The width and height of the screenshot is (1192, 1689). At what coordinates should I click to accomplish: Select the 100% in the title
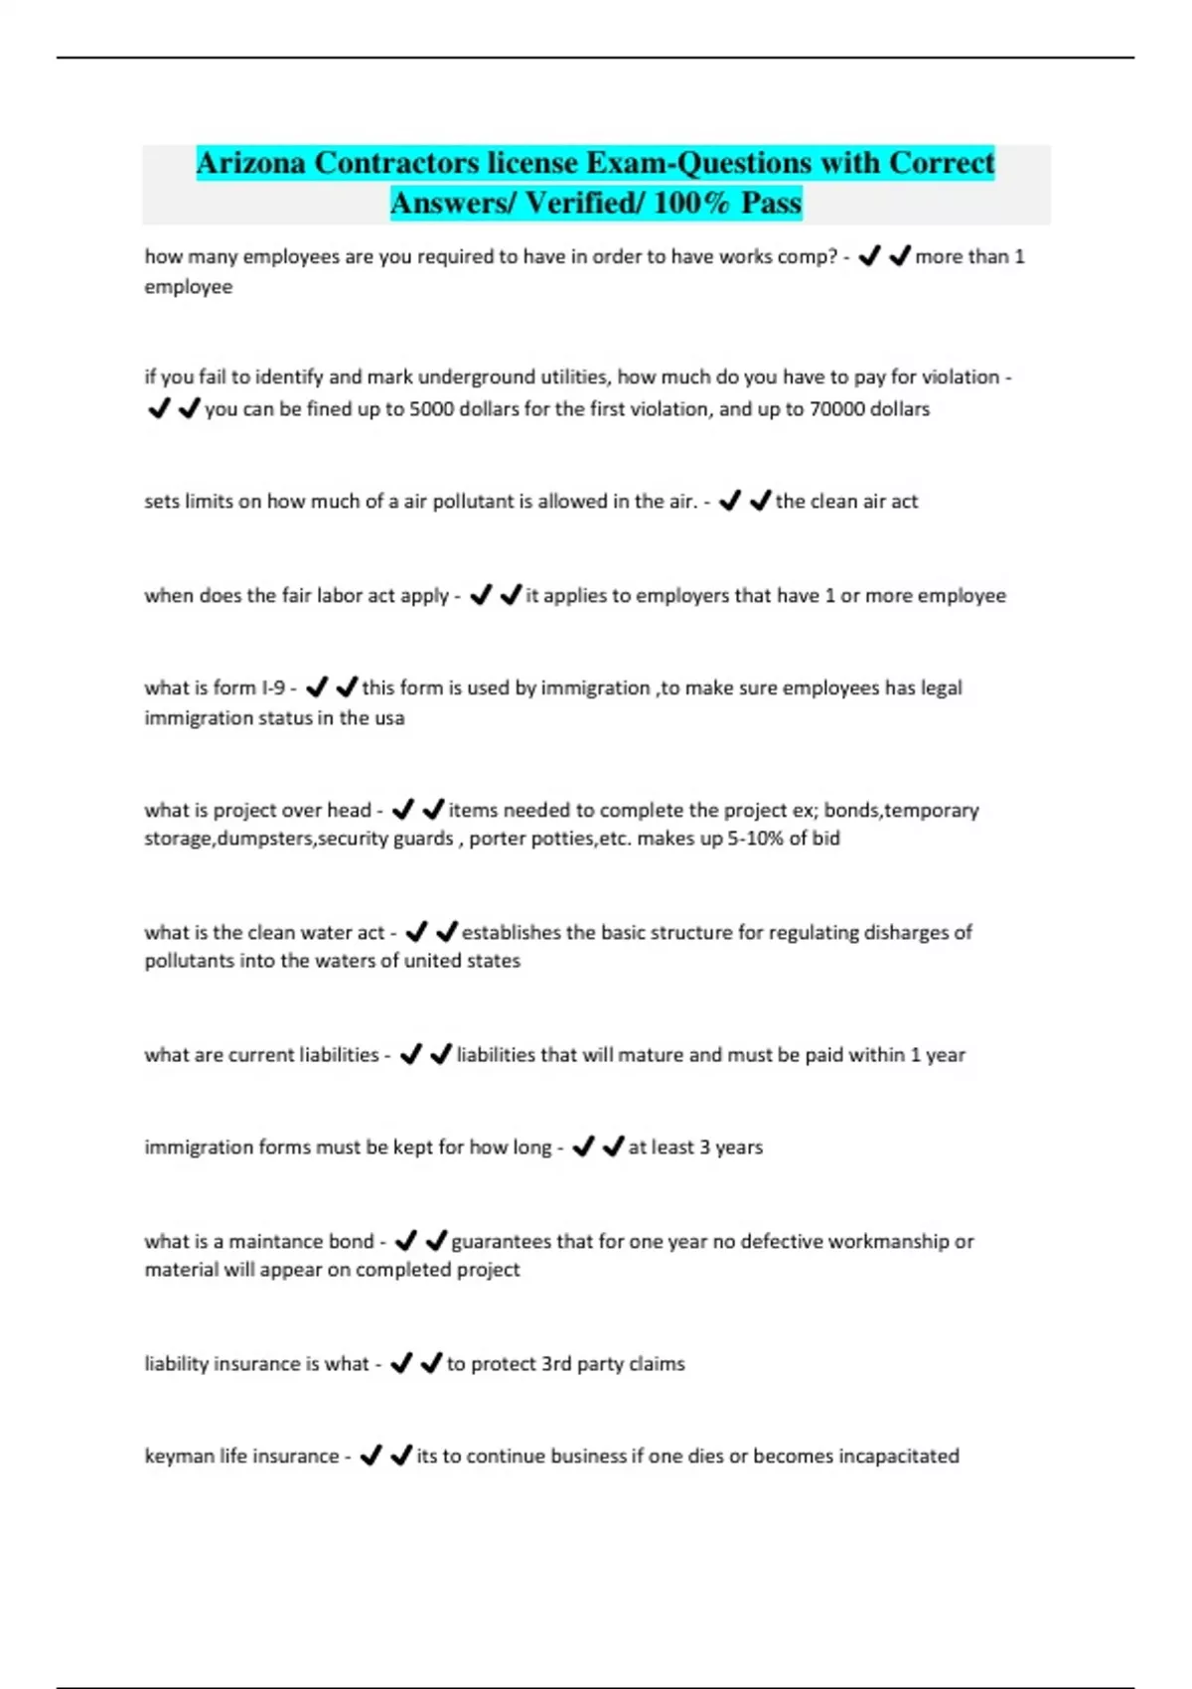[x=691, y=204]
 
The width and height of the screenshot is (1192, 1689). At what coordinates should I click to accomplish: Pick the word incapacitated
[x=898, y=1457]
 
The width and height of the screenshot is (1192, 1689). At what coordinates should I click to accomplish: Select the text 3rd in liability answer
[x=556, y=1364]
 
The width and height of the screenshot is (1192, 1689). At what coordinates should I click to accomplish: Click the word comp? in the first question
[x=806, y=257]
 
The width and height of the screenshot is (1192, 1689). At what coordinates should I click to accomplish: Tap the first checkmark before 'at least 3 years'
[x=583, y=1147]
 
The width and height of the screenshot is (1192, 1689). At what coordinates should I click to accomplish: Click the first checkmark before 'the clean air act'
[x=730, y=502]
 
